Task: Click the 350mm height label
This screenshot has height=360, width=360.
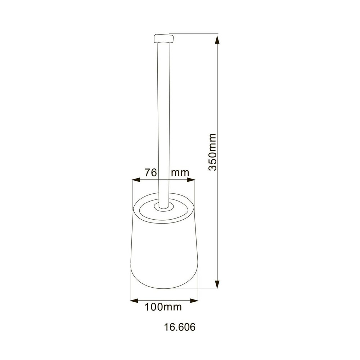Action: coord(212,152)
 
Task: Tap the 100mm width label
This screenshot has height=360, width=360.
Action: coord(163,307)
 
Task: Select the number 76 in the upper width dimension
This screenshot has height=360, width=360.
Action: coord(151,172)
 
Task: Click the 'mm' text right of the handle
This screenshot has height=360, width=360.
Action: coord(180,172)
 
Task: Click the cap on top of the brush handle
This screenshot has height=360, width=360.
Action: coord(163,38)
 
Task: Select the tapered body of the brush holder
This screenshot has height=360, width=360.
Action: coord(164,252)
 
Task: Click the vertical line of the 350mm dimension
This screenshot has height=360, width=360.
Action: coord(217,108)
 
